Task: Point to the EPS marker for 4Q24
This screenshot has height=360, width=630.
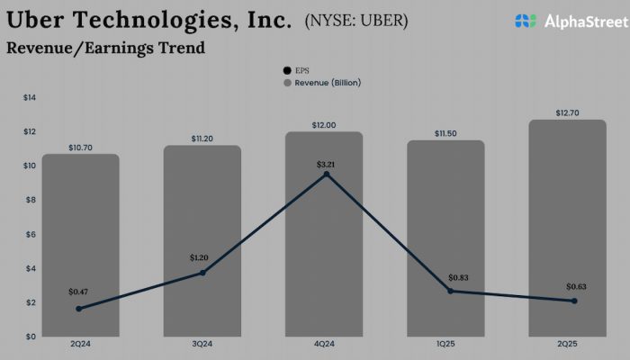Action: click(x=326, y=174)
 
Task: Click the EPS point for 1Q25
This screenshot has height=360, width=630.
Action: click(x=450, y=291)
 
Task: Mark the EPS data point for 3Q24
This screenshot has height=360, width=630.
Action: click(x=202, y=273)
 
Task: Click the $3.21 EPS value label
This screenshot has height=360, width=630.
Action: click(x=326, y=165)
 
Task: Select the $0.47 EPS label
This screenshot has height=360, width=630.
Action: click(x=80, y=292)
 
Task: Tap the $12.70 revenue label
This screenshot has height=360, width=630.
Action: click(x=568, y=112)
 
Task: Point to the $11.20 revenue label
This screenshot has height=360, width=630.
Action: click(x=203, y=139)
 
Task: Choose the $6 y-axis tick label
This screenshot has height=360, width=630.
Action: click(x=30, y=234)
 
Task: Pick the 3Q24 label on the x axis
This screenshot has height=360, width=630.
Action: click(x=202, y=346)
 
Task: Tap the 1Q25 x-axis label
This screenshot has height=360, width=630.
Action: click(x=445, y=346)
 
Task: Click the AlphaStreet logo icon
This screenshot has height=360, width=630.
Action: click(x=526, y=20)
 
